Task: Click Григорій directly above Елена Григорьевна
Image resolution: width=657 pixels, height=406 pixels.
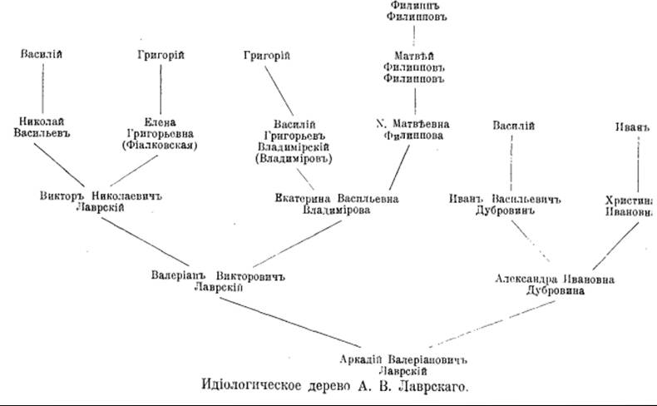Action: click(160, 55)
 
